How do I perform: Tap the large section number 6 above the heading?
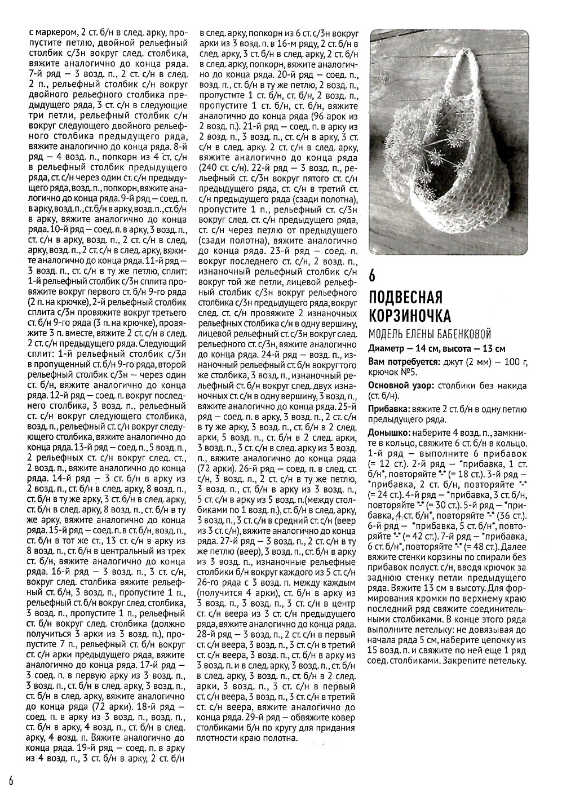point(373,275)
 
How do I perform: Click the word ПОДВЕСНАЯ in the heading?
point(405,297)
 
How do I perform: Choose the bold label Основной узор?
point(401,386)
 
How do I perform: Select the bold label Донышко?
point(389,433)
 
